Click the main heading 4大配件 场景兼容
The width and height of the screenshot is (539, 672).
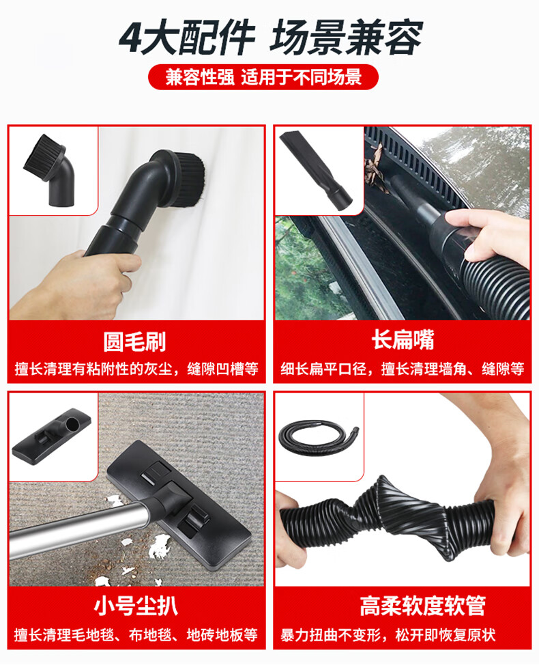271,38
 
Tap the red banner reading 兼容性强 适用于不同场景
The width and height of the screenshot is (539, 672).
263,77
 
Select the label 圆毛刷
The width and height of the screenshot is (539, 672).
134,341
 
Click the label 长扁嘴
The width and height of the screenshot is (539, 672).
403,340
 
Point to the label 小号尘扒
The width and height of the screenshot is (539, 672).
135,606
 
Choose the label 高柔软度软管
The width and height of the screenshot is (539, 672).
422,606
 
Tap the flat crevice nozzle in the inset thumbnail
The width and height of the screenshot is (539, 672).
315,171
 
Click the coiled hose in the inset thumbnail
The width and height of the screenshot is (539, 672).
318,438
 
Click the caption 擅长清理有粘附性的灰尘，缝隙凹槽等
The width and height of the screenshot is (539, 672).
136,369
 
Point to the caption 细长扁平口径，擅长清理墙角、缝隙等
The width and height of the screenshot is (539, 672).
403,369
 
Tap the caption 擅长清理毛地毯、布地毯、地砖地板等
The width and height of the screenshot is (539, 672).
136,634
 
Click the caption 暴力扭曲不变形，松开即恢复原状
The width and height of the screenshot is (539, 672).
388,634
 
